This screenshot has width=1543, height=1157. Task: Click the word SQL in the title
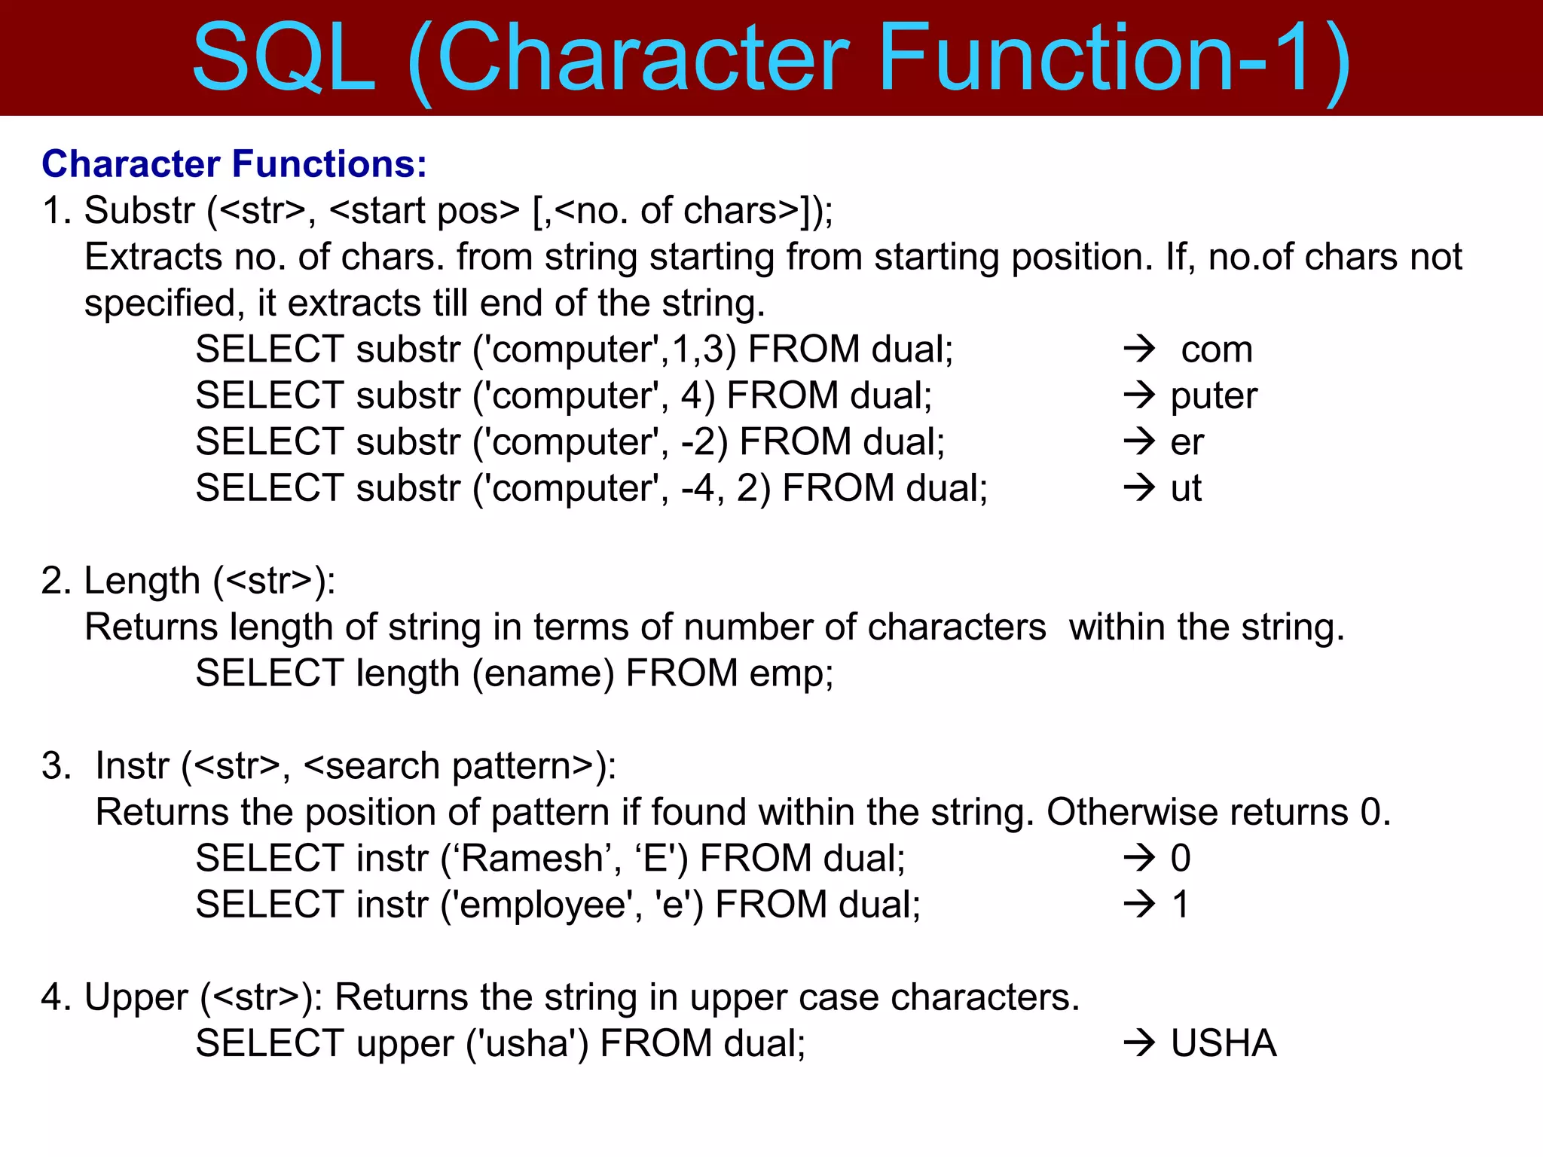[284, 59]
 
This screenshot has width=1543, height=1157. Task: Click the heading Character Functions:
[234, 164]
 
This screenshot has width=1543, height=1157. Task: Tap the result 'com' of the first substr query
[1216, 350]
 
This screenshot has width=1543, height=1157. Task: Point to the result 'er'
[1187, 443]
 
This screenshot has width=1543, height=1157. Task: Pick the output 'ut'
[1186, 489]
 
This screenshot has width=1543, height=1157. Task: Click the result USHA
[1224, 1044]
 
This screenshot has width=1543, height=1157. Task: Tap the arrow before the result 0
[1138, 858]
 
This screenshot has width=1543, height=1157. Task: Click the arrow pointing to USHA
[1138, 1044]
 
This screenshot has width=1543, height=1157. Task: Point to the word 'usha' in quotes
[525, 1044]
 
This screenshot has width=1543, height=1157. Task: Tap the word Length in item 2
[142, 582]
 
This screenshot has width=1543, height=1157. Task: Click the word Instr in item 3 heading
[132, 766]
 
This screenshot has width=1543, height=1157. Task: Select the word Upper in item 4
[136, 998]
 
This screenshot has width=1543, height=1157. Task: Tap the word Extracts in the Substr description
[153, 258]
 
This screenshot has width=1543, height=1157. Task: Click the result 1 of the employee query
[1180, 905]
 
